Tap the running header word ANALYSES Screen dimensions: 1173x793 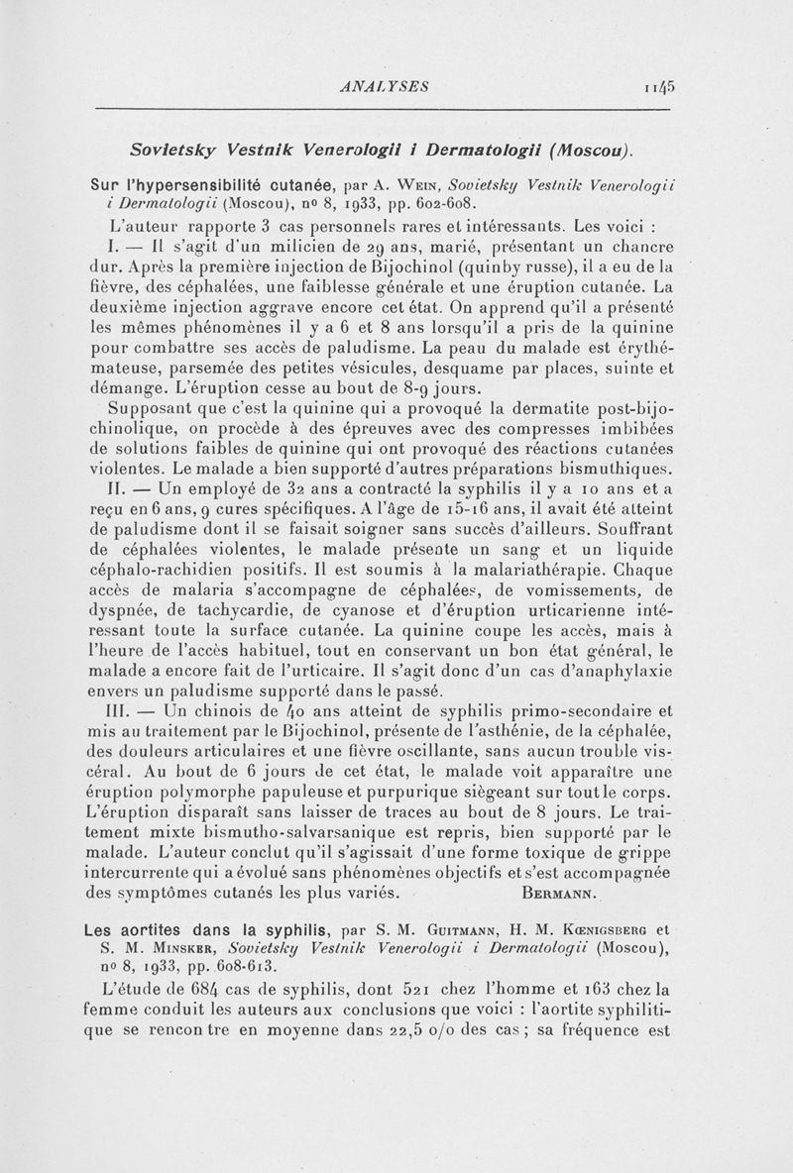click(x=384, y=86)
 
